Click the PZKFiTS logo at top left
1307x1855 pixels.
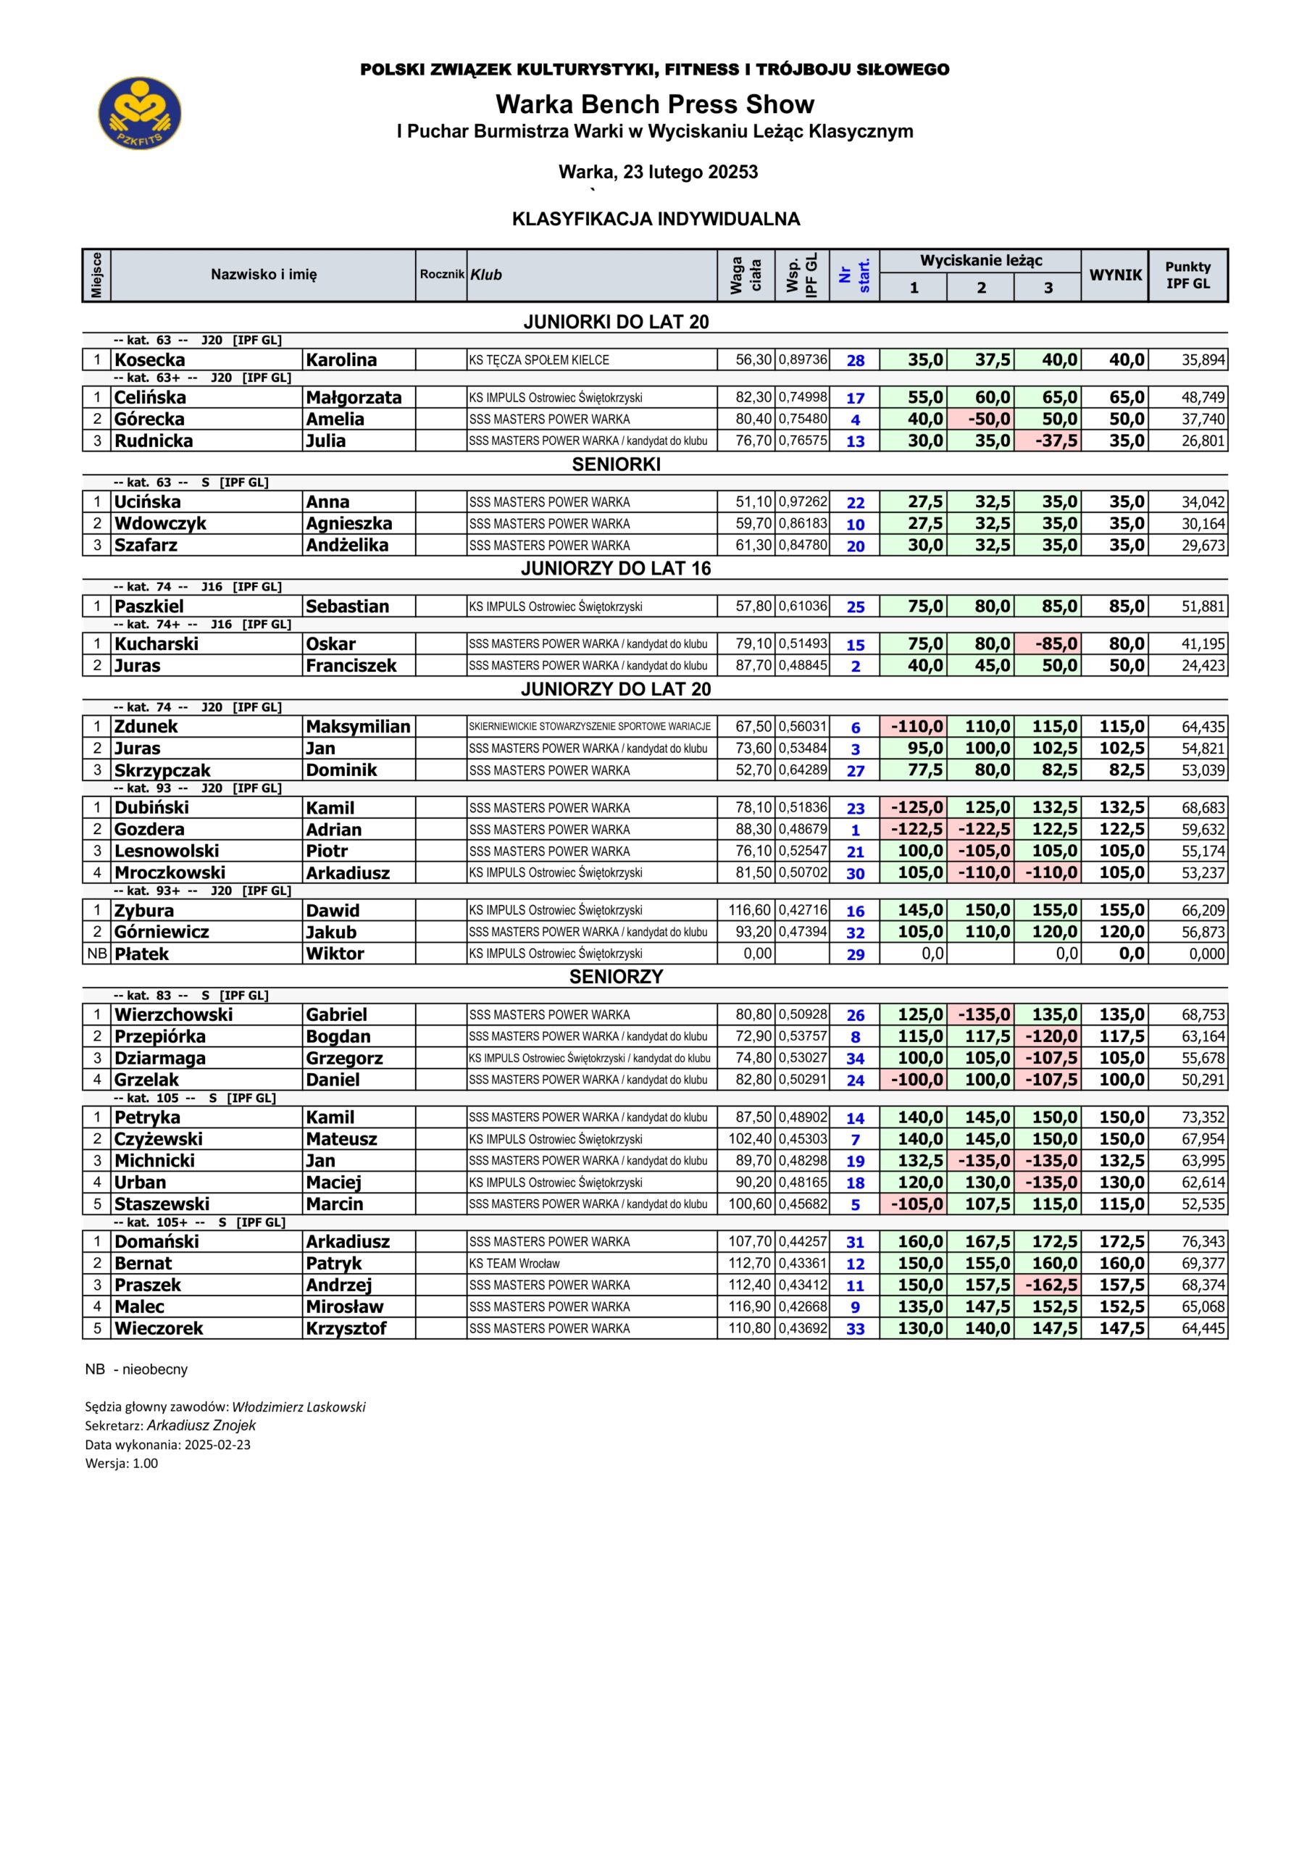point(140,113)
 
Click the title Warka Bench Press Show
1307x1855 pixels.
point(654,104)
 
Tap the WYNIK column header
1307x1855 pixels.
point(1115,275)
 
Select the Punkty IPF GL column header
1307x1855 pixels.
point(1187,275)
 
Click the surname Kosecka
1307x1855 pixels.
point(149,360)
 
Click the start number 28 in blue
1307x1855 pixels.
point(856,360)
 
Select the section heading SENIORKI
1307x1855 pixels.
point(616,464)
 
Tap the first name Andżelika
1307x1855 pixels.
point(346,546)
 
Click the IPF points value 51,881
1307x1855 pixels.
point(1203,606)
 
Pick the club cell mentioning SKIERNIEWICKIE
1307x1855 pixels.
point(590,726)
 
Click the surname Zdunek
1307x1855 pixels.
point(146,726)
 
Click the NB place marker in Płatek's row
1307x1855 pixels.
point(96,954)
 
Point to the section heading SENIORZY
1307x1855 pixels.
point(616,977)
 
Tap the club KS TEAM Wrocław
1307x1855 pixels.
point(514,1264)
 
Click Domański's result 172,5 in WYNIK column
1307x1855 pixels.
point(1122,1242)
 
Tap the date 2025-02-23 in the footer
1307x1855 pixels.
point(217,1445)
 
